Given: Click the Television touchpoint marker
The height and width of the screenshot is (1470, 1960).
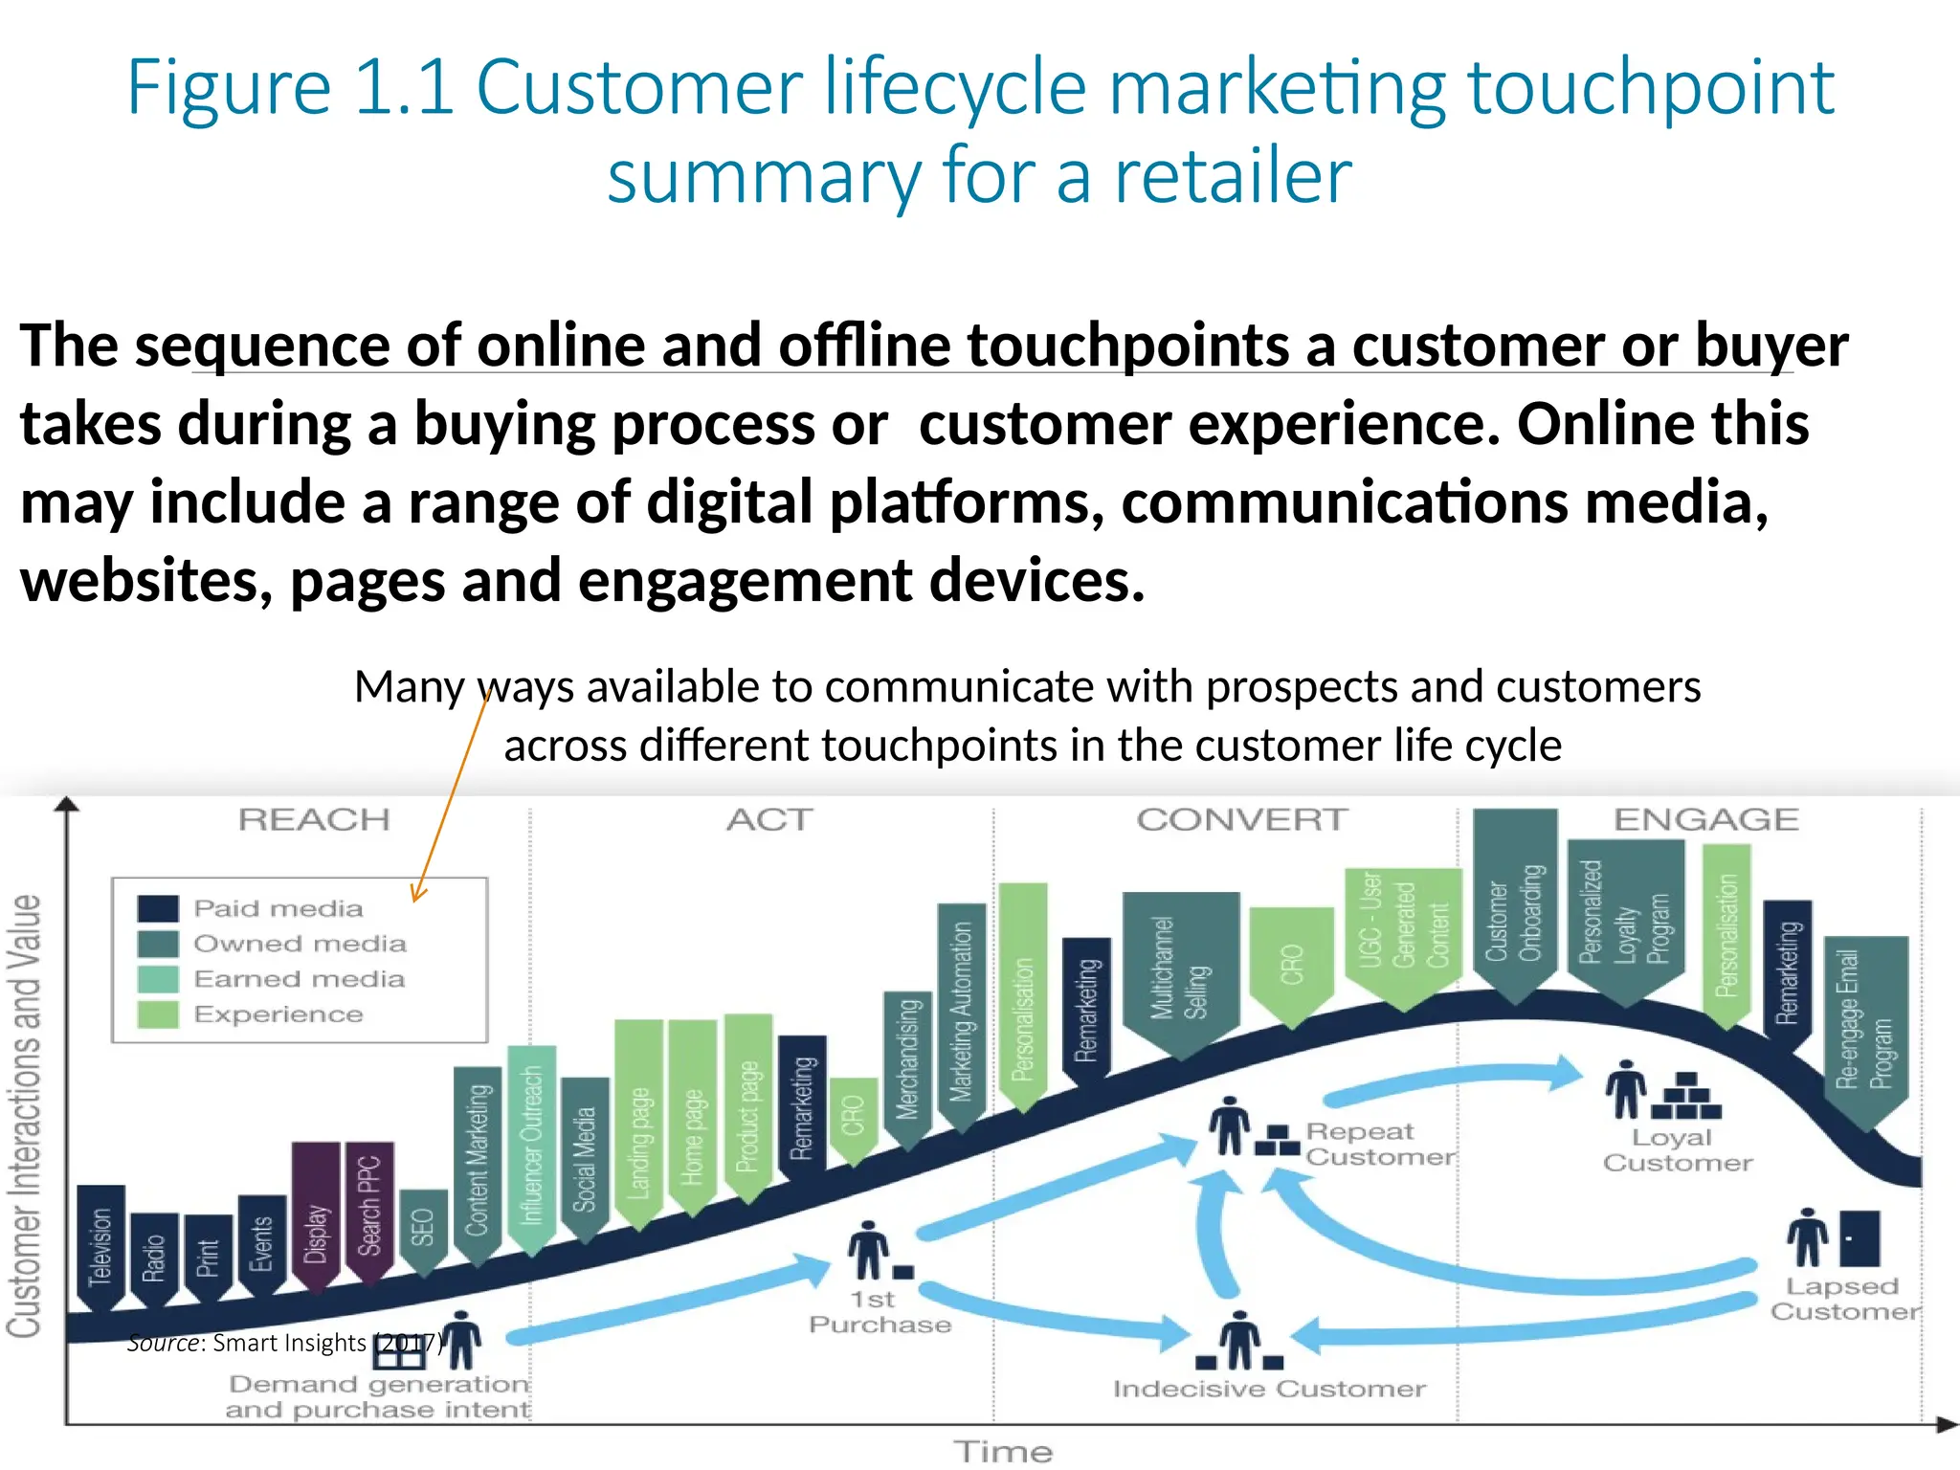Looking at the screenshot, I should click(x=100, y=1244).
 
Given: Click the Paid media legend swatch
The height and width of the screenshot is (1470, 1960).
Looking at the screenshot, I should click(x=158, y=908).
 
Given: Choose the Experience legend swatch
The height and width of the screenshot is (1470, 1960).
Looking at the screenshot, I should click(x=158, y=1014).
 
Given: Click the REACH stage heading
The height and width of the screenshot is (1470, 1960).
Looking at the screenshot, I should click(x=314, y=820).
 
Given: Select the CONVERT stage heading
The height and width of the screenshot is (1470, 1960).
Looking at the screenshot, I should click(x=1242, y=820).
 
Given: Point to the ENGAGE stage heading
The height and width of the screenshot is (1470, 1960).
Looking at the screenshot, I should click(x=1706, y=820).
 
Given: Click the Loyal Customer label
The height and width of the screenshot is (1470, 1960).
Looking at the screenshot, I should click(x=1678, y=1150).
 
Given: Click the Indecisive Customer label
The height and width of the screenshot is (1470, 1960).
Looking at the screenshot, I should click(x=1269, y=1389).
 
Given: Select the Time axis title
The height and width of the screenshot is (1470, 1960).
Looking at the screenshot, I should click(x=1004, y=1452).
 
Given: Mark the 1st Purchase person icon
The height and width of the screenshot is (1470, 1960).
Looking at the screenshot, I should click(x=869, y=1250).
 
